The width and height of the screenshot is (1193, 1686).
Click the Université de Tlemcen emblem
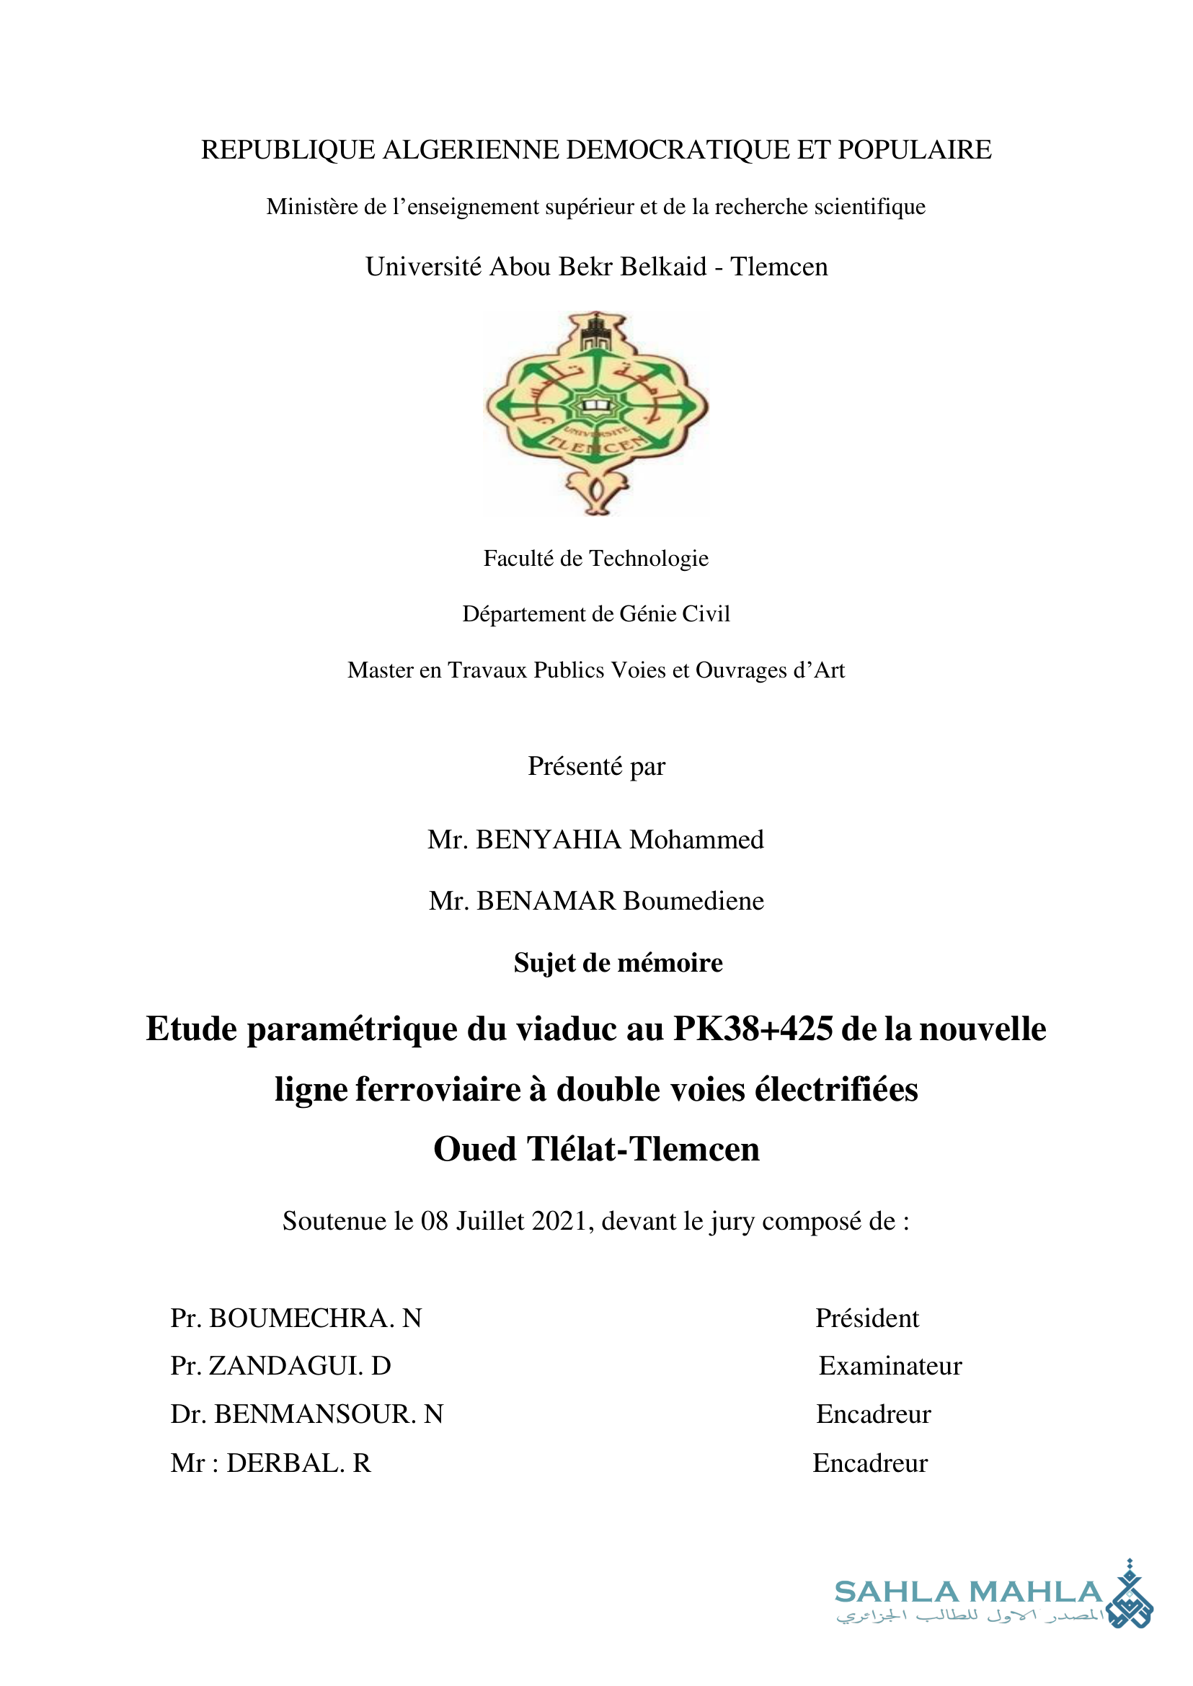tap(597, 413)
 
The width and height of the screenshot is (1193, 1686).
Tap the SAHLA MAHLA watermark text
tap(968, 1592)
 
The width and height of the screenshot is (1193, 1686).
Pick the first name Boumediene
tap(693, 902)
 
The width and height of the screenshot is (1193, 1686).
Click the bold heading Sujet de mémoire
tap(618, 963)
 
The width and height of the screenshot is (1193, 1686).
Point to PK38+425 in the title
tap(753, 1029)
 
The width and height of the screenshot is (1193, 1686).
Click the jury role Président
tap(867, 1318)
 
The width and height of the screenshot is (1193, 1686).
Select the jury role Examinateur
tap(890, 1367)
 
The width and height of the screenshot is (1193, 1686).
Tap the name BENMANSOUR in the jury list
tap(315, 1414)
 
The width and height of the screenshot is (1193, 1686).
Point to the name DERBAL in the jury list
tap(285, 1463)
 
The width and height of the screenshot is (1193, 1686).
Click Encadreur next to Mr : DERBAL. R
tap(870, 1463)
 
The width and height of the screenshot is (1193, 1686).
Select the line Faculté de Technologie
tap(595, 559)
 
